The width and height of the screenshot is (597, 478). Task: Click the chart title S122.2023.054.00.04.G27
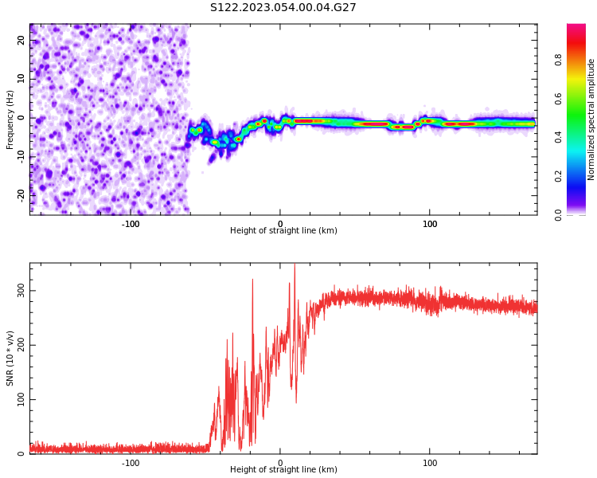coord(283,8)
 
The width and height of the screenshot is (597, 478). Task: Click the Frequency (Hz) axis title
coord(10,119)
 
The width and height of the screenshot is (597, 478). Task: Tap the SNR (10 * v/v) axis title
coord(10,358)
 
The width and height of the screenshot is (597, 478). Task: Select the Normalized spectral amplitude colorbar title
coord(591,119)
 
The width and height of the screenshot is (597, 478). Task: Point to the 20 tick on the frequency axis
coord(21,40)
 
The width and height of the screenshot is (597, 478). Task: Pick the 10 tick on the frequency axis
coord(21,79)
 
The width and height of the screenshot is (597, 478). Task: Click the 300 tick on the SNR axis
coord(21,291)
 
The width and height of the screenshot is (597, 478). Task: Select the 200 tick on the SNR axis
coord(21,345)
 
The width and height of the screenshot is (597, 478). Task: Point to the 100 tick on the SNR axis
coord(21,399)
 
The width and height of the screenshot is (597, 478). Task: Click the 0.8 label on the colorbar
coord(559,60)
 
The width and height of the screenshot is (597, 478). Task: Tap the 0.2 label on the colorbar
coord(559,176)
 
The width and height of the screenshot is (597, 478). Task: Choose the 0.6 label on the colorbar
coord(559,99)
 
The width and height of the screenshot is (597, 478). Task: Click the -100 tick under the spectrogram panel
coord(131,224)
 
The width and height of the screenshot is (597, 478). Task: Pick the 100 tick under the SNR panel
coord(430,463)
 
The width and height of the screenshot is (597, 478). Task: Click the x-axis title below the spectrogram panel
coord(283,231)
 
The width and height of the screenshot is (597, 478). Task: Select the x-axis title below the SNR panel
coord(283,470)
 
